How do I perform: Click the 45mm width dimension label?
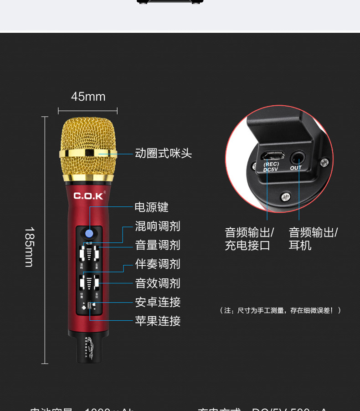pos(88,97)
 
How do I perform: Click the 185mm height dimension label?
pos(30,247)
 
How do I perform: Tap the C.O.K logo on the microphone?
pos(89,196)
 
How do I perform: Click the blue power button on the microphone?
pos(89,234)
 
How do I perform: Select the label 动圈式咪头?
pos(163,154)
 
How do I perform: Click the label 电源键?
pos(151,207)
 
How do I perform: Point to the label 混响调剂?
pos(157,226)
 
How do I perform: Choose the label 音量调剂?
pos(157,245)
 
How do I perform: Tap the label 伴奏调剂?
pos(157,264)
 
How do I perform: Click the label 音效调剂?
pos(157,283)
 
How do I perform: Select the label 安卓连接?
pos(157,302)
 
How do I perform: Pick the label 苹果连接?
pos(157,321)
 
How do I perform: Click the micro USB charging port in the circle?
pos(272,155)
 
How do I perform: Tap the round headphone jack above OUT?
pos(297,158)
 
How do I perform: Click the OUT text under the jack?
pos(296,168)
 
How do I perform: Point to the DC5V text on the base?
pos(271,170)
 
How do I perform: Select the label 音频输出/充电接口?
pos(249,239)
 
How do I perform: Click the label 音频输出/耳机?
pos(313,239)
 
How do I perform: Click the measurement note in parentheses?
pos(280,310)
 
